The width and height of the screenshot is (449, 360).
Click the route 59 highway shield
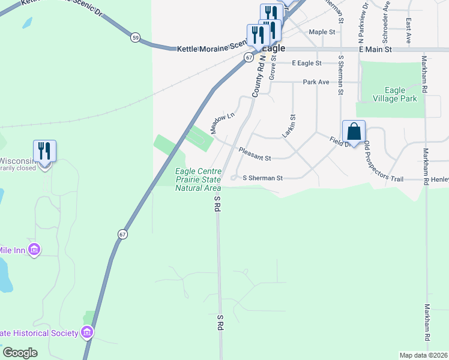click(x=136, y=38)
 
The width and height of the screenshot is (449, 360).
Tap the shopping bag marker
click(x=354, y=132)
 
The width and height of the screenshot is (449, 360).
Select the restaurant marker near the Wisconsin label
click(x=44, y=151)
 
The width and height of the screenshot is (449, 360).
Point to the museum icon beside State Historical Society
click(x=87, y=332)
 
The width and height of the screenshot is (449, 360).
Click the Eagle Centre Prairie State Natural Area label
click(x=198, y=180)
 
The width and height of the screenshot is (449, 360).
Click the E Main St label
click(x=375, y=50)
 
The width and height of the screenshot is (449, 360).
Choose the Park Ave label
click(x=316, y=82)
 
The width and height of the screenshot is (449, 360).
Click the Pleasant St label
click(x=255, y=154)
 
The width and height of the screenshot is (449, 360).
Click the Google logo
click(x=20, y=353)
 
